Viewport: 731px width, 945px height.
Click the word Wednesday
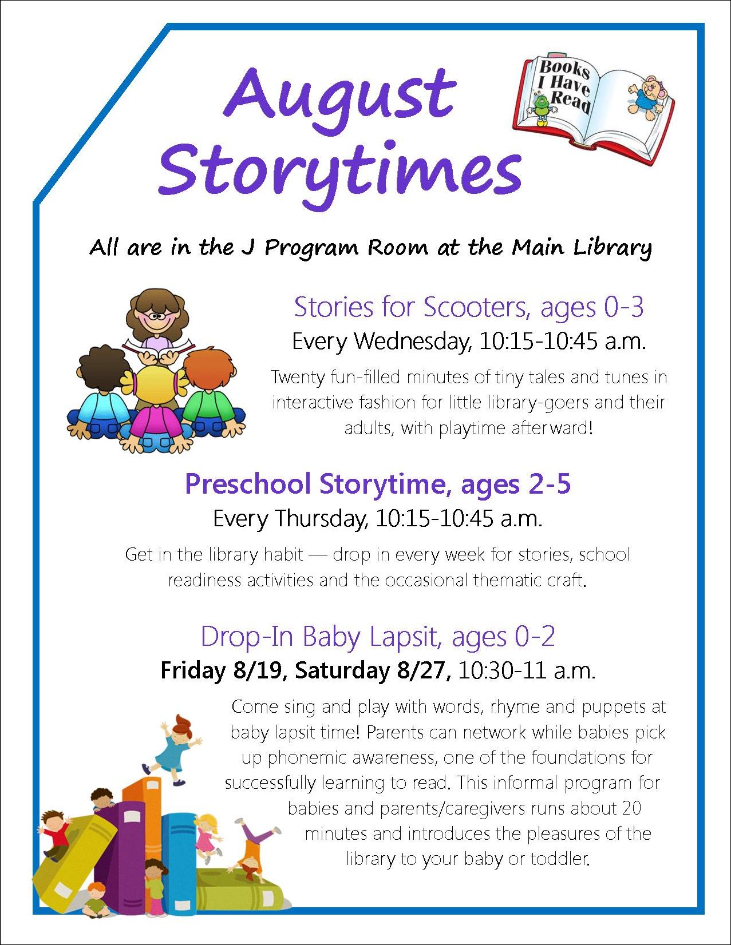point(413,342)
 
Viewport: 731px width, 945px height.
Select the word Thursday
point(321,519)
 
